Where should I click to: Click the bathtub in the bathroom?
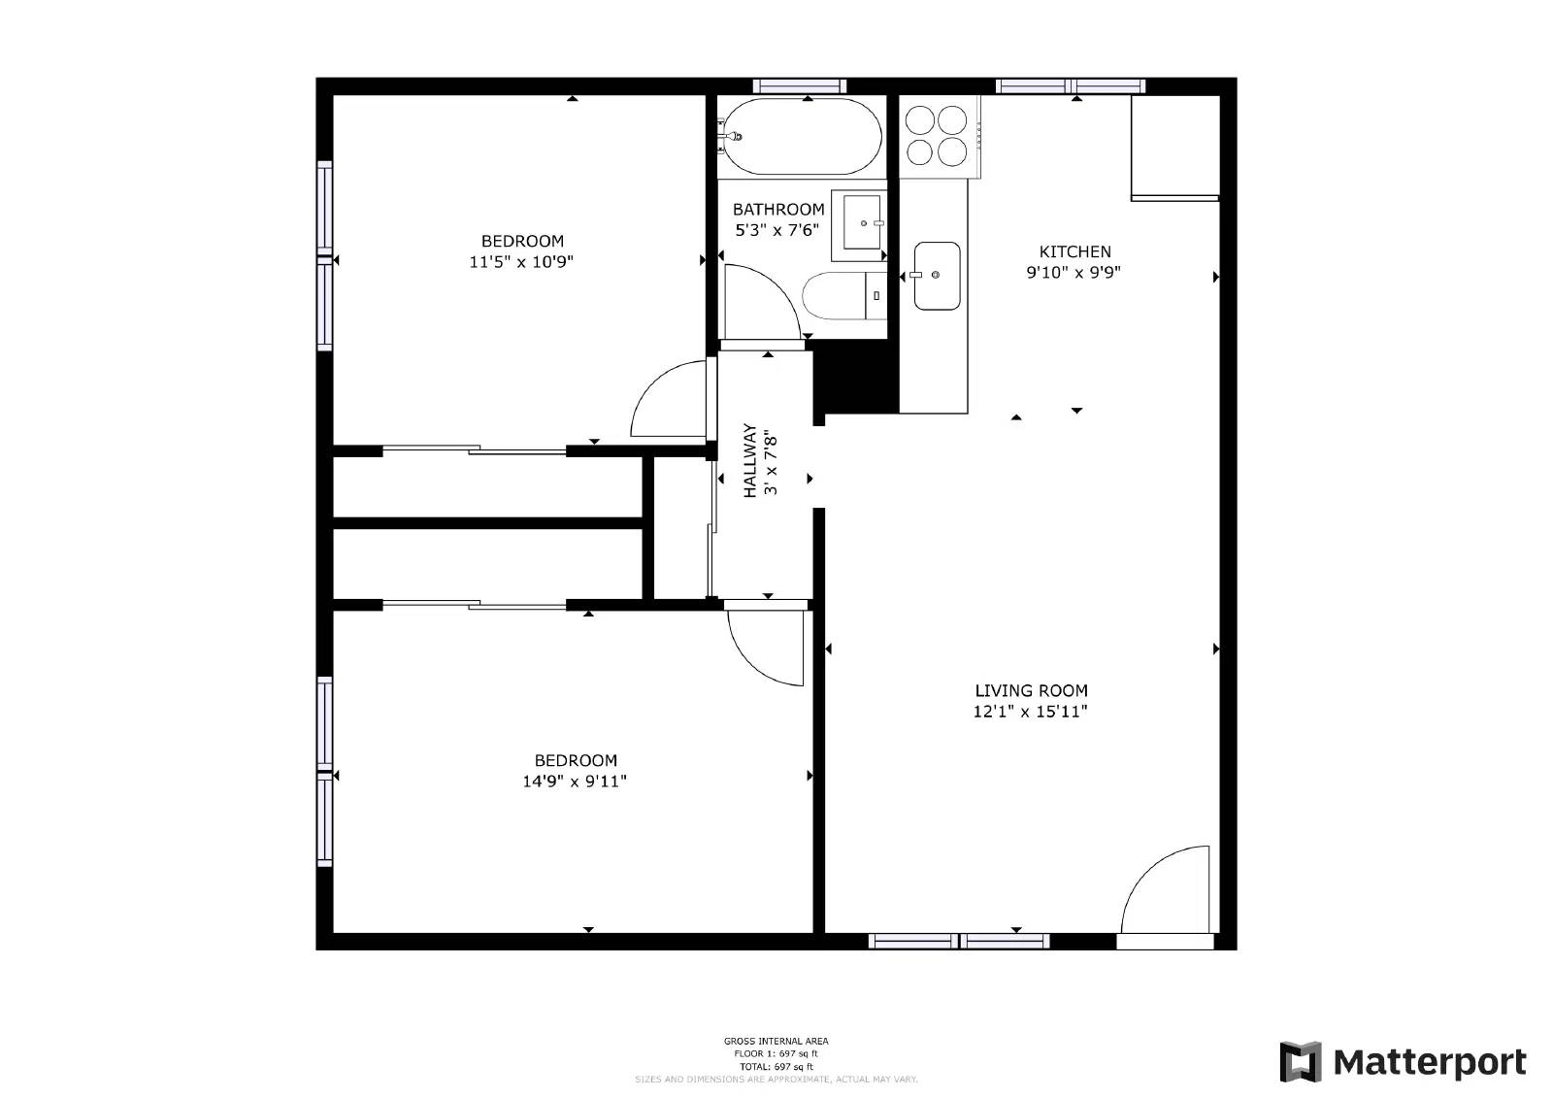[803, 137]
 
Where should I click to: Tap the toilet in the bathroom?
[843, 296]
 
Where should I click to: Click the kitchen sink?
[937, 276]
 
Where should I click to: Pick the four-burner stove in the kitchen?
[938, 136]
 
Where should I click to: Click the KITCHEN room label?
[1074, 251]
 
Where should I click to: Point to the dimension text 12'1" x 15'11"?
[1030, 712]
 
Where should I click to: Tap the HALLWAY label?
[750, 460]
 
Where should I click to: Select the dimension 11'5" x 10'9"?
[521, 262]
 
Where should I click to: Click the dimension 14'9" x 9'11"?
[575, 782]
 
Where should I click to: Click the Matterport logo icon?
[1300, 1061]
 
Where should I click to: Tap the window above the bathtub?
[799, 85]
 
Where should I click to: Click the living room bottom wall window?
[958, 941]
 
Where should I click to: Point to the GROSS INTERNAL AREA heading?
[776, 1042]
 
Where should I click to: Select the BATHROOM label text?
[778, 210]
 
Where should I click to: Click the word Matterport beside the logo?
[1430, 1062]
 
